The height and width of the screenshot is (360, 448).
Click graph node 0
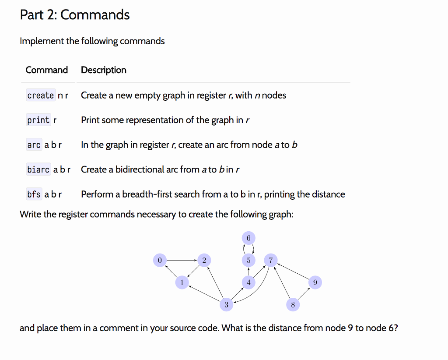pos(160,260)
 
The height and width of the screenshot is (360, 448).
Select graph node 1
pos(182,282)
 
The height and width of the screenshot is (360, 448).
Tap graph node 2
pos(204,260)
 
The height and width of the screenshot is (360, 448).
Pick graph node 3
pos(226,304)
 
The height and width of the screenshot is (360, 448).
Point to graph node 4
pos(248,282)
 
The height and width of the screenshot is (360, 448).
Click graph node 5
pos(248,260)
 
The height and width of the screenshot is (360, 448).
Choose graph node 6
pos(248,238)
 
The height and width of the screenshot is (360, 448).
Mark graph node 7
pos(271,260)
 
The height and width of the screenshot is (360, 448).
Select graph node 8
pos(293,304)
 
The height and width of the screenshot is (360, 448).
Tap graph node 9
pos(315,282)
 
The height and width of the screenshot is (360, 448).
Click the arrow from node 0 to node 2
pos(182,260)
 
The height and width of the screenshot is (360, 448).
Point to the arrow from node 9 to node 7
pos(293,272)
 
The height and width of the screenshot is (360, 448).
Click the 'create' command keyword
pos(41,95)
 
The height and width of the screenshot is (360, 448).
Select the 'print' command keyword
pos(38,120)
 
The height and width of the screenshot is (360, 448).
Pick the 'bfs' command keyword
pos(34,194)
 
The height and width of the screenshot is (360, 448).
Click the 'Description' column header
pos(104,70)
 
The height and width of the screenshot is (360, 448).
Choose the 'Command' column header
pos(47,70)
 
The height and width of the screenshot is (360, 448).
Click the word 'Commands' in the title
pos(95,15)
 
